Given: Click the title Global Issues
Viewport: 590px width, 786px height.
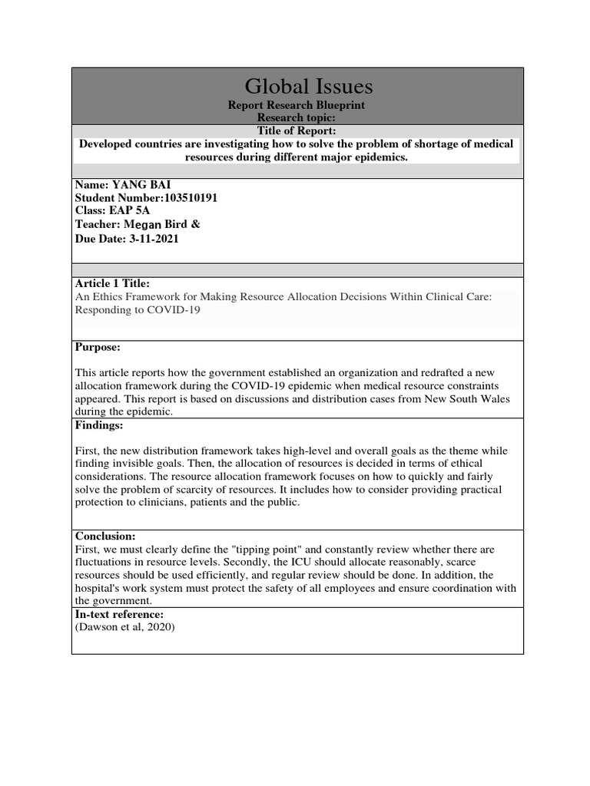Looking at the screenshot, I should [297, 85].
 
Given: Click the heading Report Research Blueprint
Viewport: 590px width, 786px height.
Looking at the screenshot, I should [297, 105].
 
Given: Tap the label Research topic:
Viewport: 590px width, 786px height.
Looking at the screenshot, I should [297, 118].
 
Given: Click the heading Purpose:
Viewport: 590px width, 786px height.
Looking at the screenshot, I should [98, 347].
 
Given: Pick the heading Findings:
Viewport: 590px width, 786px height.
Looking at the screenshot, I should [99, 424].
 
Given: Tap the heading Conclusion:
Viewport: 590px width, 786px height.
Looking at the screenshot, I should [105, 536].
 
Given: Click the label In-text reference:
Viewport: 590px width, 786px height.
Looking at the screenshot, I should [119, 615].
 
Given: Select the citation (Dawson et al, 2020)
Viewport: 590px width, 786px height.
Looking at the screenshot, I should [125, 628].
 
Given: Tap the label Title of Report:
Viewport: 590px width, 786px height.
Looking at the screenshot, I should [297, 131].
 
